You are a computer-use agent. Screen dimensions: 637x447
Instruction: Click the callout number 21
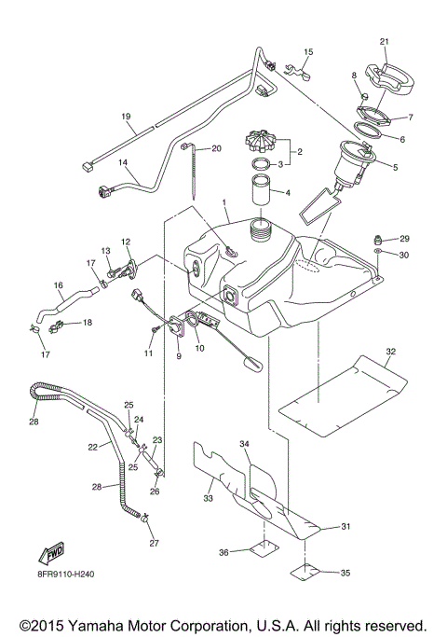[385, 42]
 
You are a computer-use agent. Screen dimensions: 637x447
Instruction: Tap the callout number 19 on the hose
[125, 117]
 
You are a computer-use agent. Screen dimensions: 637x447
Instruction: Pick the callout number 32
[391, 353]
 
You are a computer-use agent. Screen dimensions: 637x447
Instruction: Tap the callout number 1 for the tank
[223, 202]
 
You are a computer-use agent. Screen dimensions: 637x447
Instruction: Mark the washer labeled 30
[377, 254]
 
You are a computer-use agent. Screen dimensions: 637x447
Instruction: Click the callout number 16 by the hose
[58, 285]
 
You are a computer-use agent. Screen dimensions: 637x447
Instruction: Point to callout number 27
[155, 543]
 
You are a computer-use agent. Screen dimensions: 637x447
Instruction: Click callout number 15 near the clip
[308, 51]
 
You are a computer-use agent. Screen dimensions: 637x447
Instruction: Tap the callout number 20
[216, 148]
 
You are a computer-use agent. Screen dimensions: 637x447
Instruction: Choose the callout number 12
[125, 242]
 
